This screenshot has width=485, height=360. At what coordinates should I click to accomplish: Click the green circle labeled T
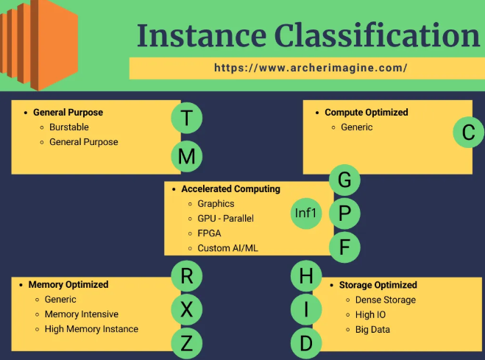click(x=187, y=118)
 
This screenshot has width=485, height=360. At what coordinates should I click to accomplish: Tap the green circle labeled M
click(x=187, y=156)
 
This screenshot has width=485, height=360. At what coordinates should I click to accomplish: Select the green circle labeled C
click(x=468, y=133)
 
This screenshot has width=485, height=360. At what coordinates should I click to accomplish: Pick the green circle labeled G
click(x=344, y=180)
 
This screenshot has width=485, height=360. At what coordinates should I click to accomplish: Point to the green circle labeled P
click(x=344, y=213)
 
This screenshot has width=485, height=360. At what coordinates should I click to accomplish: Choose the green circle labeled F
click(x=344, y=247)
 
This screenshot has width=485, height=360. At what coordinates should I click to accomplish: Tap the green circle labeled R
click(x=187, y=276)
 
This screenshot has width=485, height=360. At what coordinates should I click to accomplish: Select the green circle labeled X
click(x=187, y=310)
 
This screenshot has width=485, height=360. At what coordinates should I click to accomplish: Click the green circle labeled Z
click(x=187, y=343)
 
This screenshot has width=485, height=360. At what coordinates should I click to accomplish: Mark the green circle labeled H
click(x=306, y=276)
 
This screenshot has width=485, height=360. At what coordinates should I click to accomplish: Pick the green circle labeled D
click(x=306, y=343)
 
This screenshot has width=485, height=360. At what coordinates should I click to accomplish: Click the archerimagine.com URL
click(x=311, y=68)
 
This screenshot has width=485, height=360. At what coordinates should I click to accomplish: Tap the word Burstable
click(x=69, y=127)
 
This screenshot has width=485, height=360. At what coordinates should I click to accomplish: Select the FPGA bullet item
click(x=210, y=233)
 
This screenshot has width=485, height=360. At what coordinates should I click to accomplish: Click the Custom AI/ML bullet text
click(x=227, y=248)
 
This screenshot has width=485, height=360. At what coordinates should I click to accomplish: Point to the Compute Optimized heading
click(x=366, y=113)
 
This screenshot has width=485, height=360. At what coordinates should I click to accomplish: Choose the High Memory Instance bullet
click(x=91, y=329)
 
